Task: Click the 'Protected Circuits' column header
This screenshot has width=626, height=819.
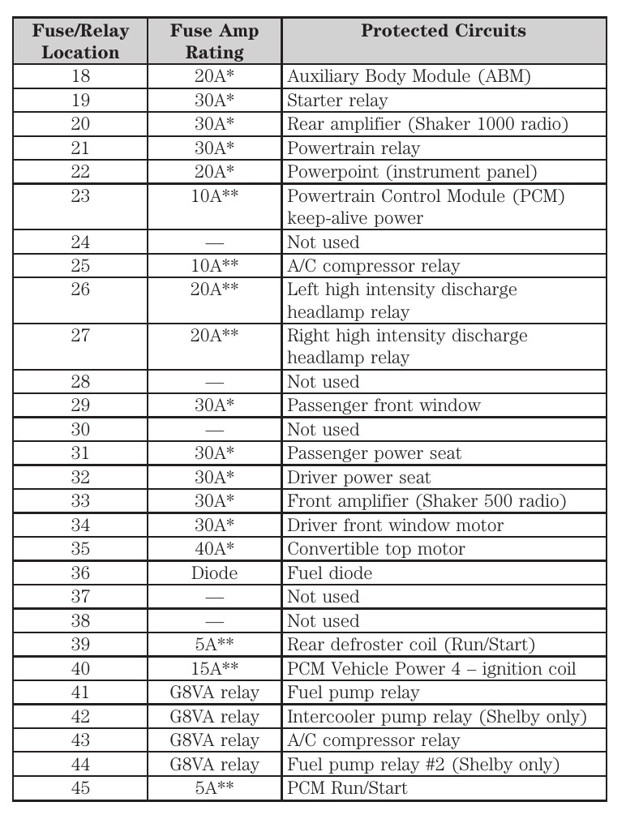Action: point(443,32)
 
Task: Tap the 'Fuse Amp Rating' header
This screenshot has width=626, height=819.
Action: point(214,41)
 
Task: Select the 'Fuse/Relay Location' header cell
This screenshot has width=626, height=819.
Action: point(80,41)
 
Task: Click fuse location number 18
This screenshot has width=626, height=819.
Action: point(80,77)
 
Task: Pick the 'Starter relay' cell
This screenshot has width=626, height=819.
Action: point(337,101)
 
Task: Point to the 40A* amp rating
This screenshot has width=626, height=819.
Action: point(214,549)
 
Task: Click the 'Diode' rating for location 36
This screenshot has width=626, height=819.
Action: point(214,573)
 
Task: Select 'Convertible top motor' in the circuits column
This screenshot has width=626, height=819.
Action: point(375,549)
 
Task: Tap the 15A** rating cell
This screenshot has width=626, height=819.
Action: point(214,669)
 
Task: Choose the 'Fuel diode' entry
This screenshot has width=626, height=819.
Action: point(329,573)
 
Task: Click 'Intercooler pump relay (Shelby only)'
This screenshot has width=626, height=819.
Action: point(435,717)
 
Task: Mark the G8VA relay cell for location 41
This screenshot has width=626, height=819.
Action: point(214,693)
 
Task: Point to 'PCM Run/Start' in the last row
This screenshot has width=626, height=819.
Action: point(347,788)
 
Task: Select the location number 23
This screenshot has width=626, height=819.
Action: point(80,197)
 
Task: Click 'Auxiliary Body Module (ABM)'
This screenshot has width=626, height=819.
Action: point(408,77)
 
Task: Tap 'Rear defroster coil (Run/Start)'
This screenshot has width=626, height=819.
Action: point(410,645)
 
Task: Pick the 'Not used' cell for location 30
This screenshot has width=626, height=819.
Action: point(323,430)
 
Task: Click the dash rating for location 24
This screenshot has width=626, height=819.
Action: point(214,242)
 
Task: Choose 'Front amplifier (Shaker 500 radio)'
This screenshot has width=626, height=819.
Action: point(426,501)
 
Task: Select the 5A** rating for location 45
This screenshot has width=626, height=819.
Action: point(214,788)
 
